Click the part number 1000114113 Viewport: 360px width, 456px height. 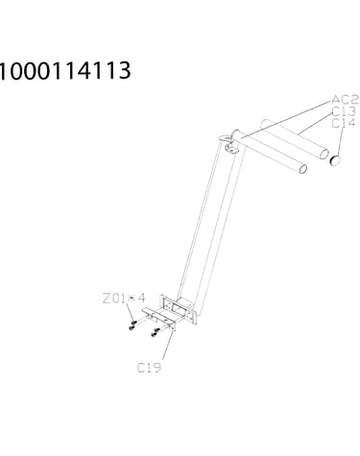point(65,70)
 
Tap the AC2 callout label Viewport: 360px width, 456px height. point(345,100)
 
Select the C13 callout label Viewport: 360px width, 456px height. point(344,111)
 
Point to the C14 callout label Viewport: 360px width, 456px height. point(344,123)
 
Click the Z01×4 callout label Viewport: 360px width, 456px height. point(124,299)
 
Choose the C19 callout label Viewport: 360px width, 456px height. point(149,368)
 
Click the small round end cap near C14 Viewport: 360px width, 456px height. point(335,160)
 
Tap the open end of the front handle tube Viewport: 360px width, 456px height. point(302,168)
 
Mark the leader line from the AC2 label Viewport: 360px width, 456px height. point(286,119)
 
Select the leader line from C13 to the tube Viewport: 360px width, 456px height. point(315,124)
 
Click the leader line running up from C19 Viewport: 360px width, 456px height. point(168,345)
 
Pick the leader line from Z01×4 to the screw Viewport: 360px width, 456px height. point(130,312)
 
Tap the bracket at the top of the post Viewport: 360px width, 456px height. point(229,142)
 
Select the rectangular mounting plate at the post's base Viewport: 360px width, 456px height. point(179,309)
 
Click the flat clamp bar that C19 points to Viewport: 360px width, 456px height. point(159,319)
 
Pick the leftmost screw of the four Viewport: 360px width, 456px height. point(132,327)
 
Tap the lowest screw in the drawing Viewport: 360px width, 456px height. point(154,335)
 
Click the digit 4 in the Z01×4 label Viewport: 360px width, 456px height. point(141,299)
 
